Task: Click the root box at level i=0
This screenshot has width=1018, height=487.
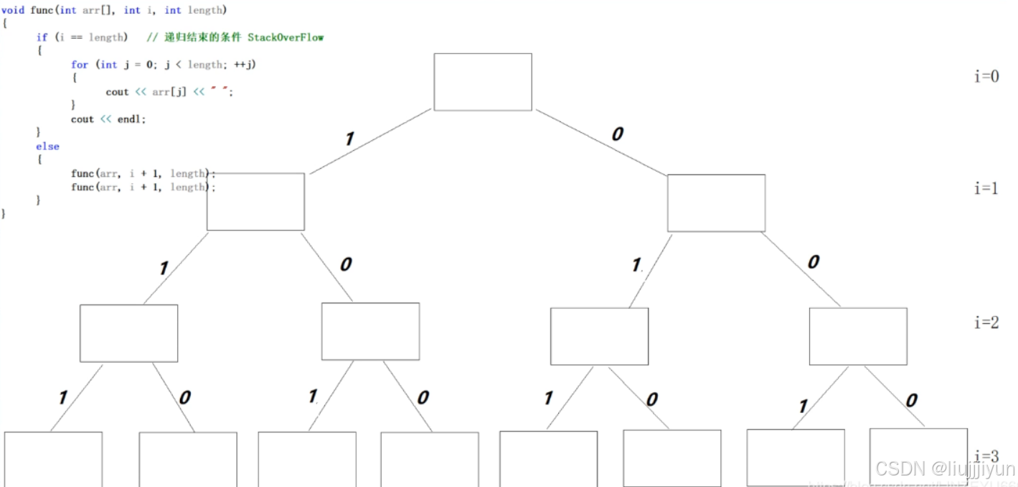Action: click(x=483, y=82)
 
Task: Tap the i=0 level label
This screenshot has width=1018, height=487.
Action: click(x=986, y=76)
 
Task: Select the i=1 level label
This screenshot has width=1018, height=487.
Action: click(x=986, y=188)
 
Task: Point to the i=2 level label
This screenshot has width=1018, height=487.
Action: click(x=986, y=322)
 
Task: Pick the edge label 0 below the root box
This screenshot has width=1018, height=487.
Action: click(x=617, y=134)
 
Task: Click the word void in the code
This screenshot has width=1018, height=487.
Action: click(x=14, y=10)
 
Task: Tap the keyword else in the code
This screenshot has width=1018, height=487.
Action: click(x=47, y=147)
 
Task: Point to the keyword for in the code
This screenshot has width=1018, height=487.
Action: click(x=79, y=65)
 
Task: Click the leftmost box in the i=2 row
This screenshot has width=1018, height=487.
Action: click(x=128, y=333)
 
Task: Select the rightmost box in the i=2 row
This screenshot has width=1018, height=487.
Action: click(x=858, y=336)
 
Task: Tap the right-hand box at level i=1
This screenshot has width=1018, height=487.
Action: click(x=716, y=203)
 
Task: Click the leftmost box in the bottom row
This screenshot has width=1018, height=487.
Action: click(x=53, y=458)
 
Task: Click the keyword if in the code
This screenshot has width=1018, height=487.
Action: click(x=42, y=37)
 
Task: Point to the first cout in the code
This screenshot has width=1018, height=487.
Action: click(x=117, y=92)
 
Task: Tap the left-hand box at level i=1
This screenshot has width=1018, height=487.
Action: click(x=255, y=202)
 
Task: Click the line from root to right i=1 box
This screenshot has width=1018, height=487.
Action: click(x=601, y=142)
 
